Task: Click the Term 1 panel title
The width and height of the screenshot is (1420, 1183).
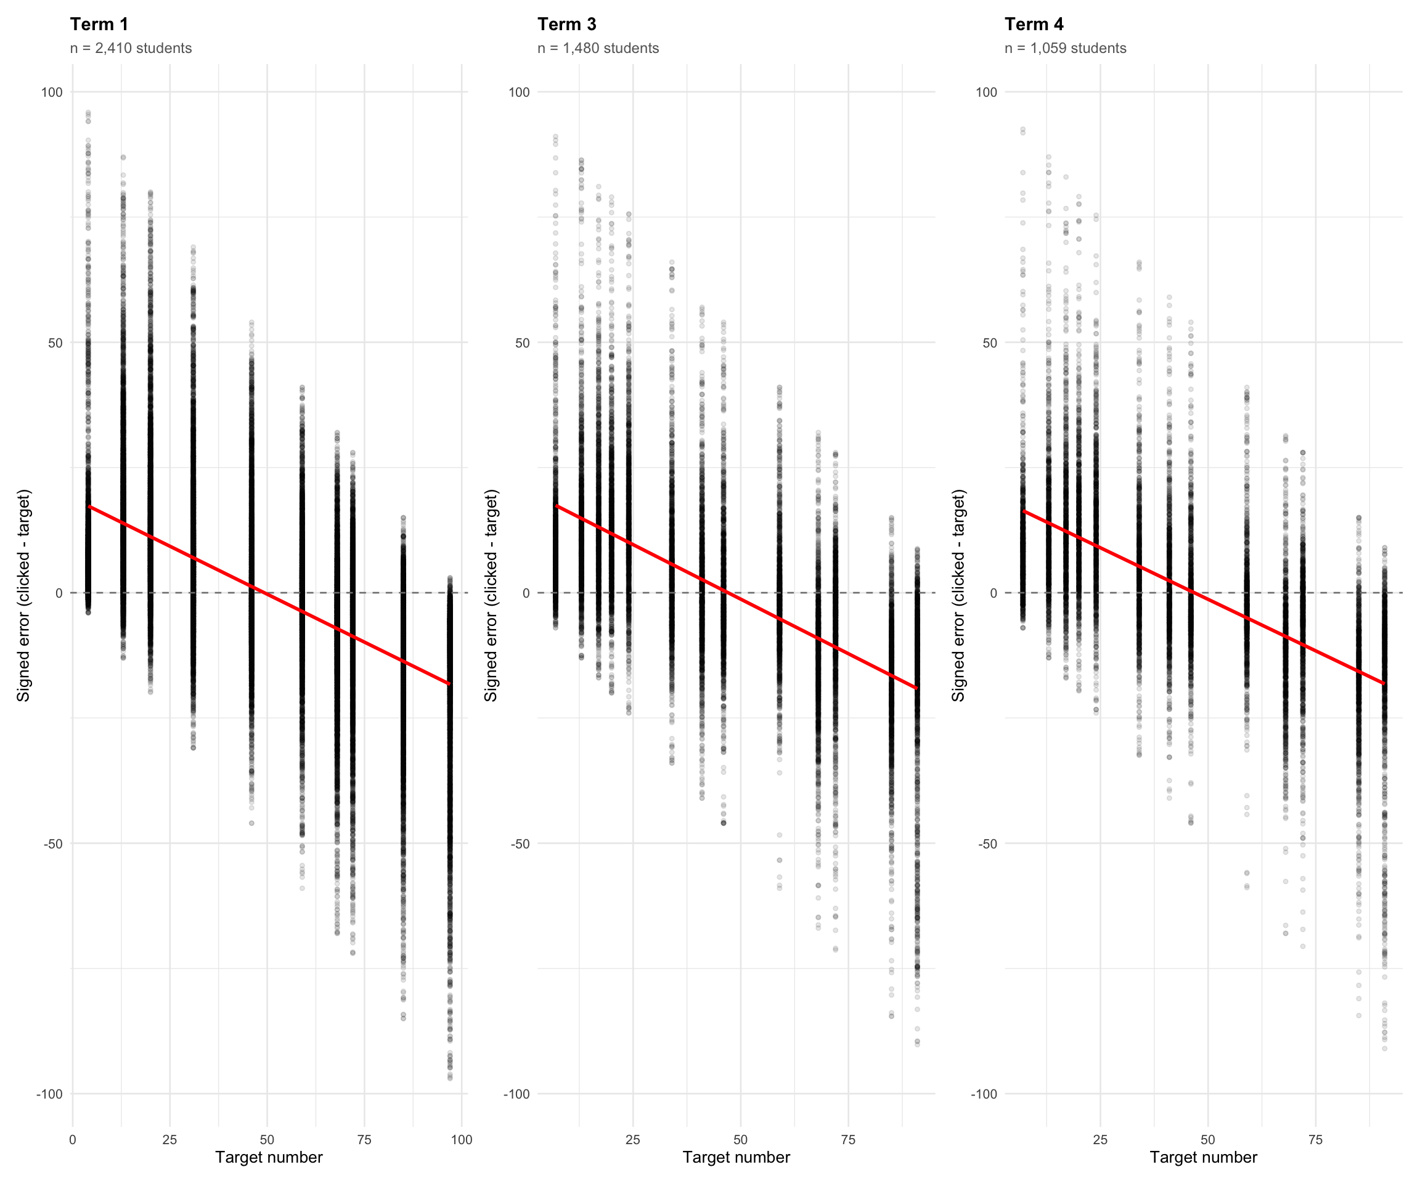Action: (x=99, y=24)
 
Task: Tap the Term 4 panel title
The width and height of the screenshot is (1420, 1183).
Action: (x=1034, y=24)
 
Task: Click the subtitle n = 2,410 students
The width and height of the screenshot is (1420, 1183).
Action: (x=131, y=49)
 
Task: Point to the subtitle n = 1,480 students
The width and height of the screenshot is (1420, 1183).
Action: (x=598, y=49)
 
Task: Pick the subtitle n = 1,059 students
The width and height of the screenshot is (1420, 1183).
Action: (x=1065, y=49)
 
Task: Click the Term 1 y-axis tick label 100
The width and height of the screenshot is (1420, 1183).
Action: (x=51, y=92)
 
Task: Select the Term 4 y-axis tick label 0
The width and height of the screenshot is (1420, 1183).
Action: (x=993, y=593)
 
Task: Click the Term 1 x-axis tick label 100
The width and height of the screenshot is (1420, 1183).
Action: (x=461, y=1140)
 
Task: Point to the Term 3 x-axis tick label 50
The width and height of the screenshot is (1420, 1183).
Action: (x=740, y=1140)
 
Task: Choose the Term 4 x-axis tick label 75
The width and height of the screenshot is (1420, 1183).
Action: (x=1315, y=1140)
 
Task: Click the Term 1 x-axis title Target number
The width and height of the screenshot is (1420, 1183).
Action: (x=269, y=1157)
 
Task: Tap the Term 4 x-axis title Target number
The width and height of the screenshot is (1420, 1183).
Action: (x=1203, y=1157)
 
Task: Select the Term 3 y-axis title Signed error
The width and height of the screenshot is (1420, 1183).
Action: (x=491, y=595)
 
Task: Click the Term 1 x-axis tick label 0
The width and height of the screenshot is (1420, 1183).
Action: (x=73, y=1140)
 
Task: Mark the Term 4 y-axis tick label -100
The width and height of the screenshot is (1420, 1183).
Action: (x=984, y=1094)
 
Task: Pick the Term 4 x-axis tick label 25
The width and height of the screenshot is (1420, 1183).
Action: (x=1100, y=1140)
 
